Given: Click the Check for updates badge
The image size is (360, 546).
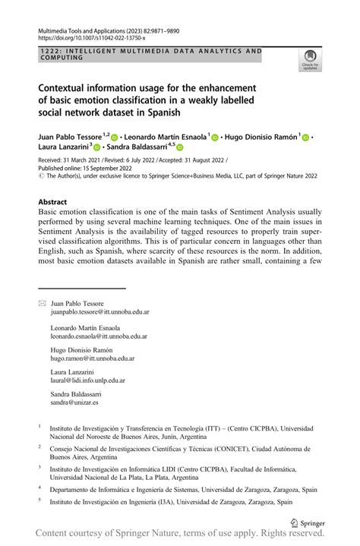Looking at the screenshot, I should [310, 60].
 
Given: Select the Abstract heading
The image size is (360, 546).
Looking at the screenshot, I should [52, 202].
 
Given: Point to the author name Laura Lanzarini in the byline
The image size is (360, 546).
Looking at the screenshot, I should [63, 147].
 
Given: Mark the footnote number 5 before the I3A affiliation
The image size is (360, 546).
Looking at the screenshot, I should [39, 500].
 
